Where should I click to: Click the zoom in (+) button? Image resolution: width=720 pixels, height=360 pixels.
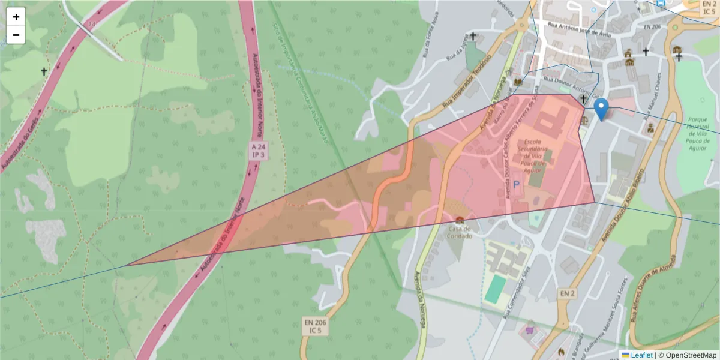point(16,17)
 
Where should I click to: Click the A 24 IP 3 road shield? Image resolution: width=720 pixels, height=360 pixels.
point(259,151)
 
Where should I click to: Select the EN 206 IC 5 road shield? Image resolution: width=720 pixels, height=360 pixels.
point(316,326)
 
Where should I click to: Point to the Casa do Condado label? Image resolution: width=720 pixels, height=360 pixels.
point(459,232)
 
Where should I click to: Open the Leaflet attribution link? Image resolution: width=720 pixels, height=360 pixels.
point(641,355)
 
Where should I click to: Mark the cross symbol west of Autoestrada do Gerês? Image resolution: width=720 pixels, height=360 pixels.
point(43,72)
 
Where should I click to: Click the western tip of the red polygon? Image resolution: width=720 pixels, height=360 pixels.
point(127,265)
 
